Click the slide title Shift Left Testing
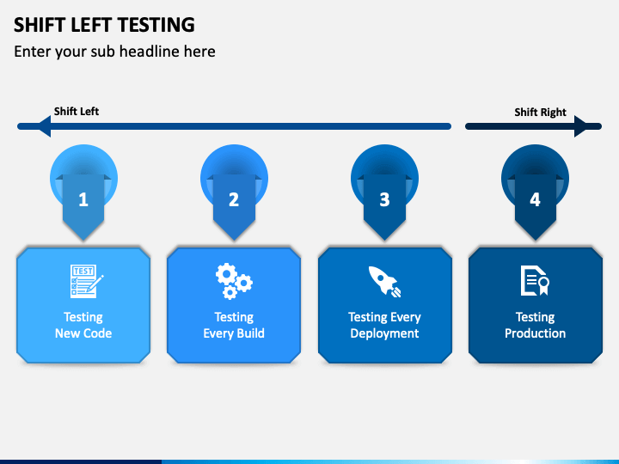104,24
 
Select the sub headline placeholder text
114,52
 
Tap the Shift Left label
77,112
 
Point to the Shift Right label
540,113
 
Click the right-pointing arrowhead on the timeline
588,126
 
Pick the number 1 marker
83,199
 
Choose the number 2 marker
234,199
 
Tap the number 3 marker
384,199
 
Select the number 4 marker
535,199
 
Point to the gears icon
234,279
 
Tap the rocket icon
383,280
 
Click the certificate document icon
535,280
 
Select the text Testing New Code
83,325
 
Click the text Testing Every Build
234,325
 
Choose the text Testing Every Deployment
384,325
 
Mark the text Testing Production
535,325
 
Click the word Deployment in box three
384,333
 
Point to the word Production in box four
535,333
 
